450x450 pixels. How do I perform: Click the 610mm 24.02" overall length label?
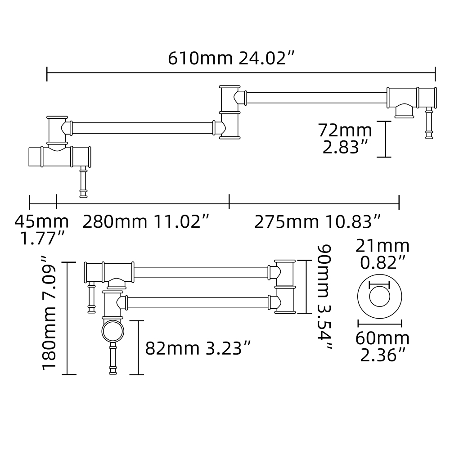231,58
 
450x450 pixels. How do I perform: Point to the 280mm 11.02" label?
146,222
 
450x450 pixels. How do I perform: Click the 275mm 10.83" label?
318,222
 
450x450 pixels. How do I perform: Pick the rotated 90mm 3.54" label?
324,298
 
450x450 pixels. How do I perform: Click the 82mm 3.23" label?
198,348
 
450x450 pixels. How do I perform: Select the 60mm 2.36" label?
382,346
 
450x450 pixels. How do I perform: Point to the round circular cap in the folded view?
112,332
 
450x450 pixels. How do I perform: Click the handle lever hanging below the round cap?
112,358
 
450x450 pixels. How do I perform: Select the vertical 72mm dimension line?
383,139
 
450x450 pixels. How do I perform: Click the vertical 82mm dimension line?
137,347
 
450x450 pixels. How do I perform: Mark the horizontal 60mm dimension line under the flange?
379,323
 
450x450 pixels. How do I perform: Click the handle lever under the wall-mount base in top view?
83,182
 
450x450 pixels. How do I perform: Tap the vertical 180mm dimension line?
67,318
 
